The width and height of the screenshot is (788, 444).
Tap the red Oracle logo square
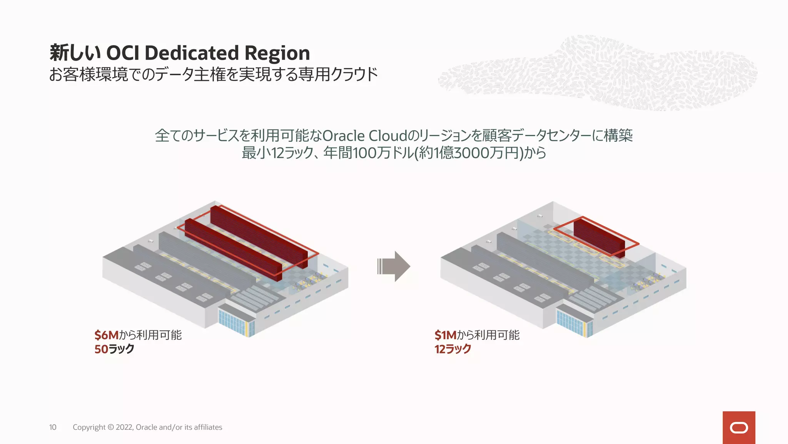[x=739, y=427]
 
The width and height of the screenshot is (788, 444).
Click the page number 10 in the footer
[x=53, y=427]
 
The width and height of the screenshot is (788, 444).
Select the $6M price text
[x=107, y=335]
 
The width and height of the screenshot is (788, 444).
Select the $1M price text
[x=445, y=335]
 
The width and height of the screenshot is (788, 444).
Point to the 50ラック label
[x=114, y=349]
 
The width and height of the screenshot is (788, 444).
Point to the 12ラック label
[x=453, y=349]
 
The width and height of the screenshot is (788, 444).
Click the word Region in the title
[x=277, y=53]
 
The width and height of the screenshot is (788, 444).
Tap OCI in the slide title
[x=122, y=53]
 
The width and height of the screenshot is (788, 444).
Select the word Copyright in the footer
[x=89, y=427]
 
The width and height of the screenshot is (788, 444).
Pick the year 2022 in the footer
[x=124, y=427]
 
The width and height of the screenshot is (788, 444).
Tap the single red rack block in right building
[x=599, y=236]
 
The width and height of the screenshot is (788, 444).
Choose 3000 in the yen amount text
[x=470, y=153]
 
